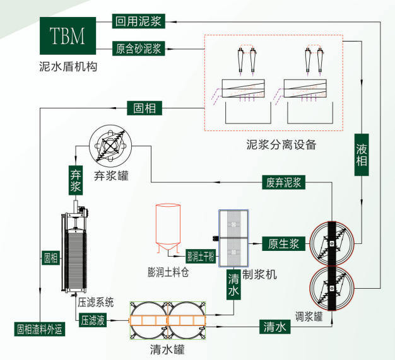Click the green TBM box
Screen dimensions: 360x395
coord(67,35)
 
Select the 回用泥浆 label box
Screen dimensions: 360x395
coord(138,21)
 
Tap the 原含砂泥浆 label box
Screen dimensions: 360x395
coord(138,48)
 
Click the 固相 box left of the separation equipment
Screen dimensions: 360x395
coord(144,108)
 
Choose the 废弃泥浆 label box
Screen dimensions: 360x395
coord(283,183)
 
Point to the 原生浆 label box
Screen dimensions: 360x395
coord(283,243)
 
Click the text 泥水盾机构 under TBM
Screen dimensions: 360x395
coord(68,66)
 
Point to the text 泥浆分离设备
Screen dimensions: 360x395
coord(281,144)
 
